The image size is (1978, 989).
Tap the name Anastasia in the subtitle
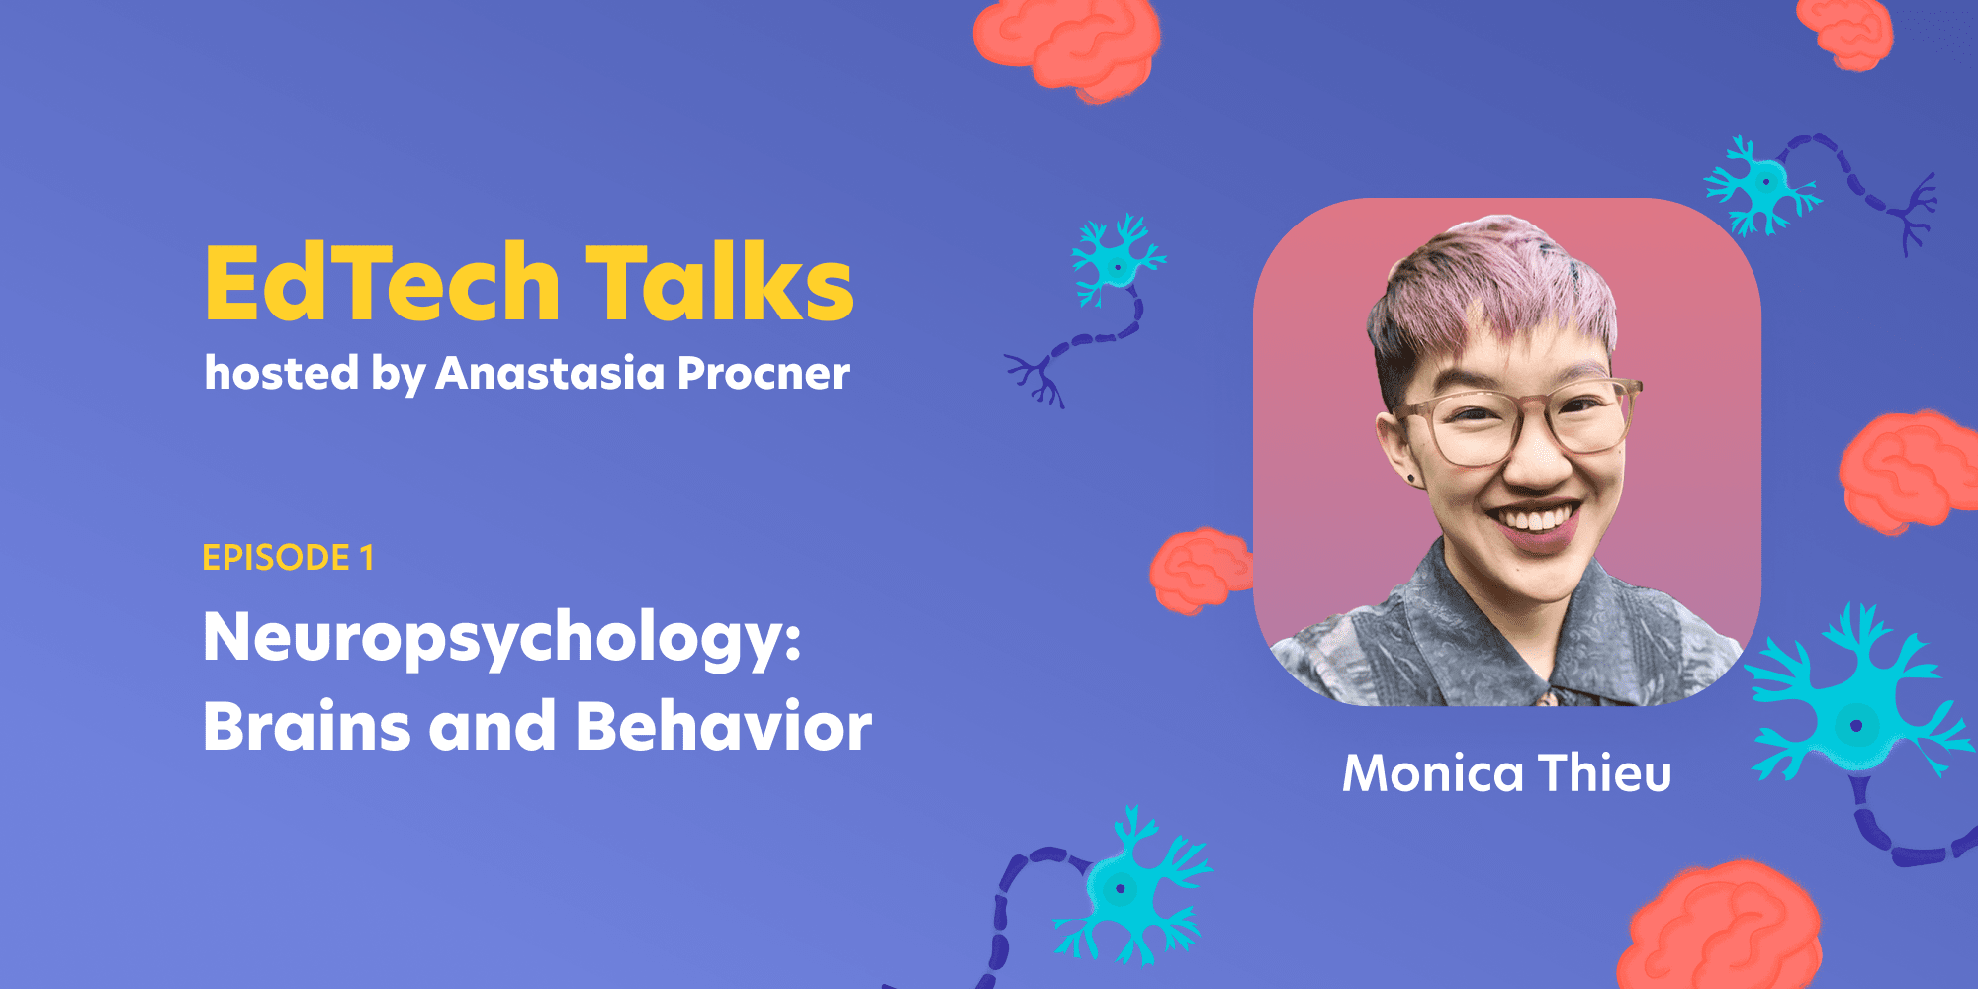(550, 373)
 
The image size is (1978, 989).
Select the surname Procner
(763, 373)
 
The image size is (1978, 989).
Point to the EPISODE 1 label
(288, 558)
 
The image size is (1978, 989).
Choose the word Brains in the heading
(307, 726)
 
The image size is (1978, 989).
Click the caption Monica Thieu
(1506, 772)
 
